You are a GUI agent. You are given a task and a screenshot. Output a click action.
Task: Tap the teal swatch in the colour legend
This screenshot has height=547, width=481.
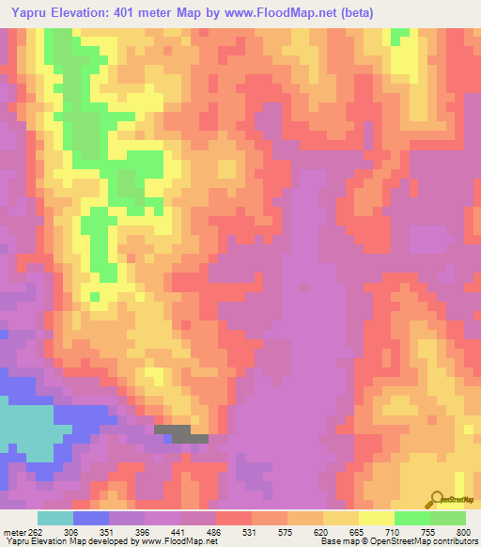(55, 518)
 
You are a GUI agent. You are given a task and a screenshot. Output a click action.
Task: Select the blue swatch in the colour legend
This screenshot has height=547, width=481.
(91, 518)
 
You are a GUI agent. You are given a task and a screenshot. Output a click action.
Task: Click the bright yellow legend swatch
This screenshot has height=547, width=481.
(376, 518)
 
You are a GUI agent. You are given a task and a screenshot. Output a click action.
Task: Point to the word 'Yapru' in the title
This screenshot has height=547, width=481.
(25, 12)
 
